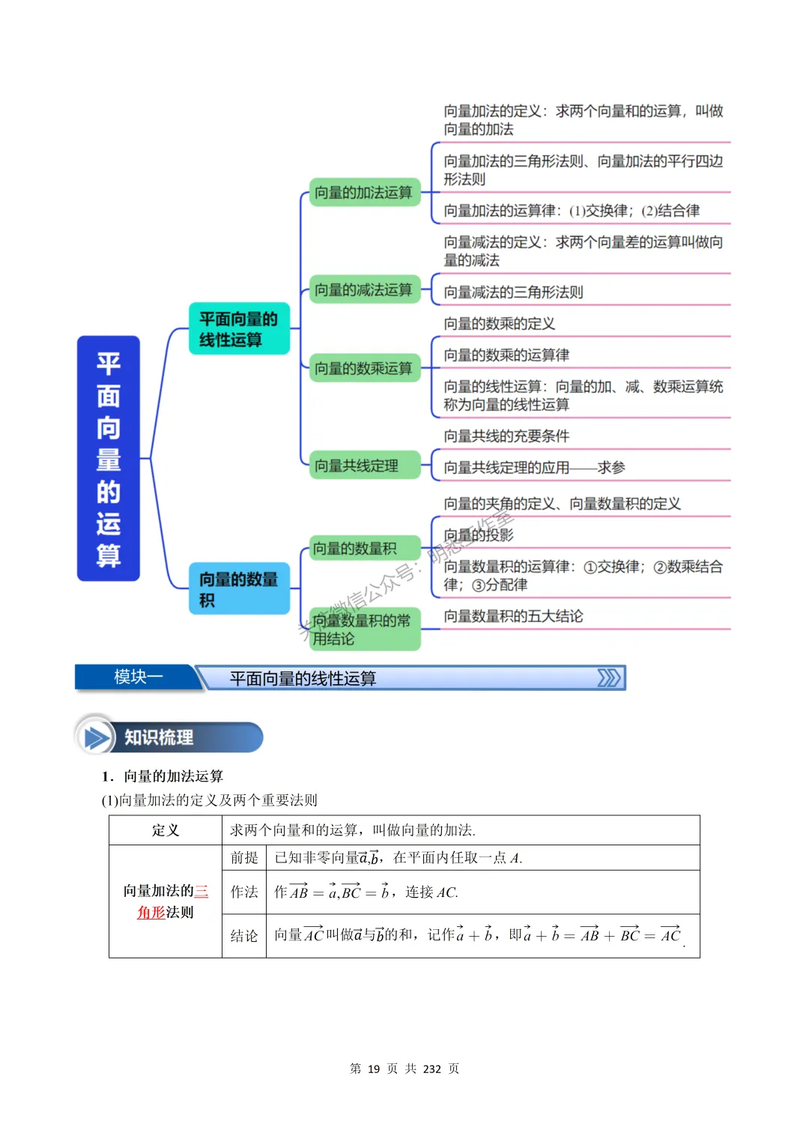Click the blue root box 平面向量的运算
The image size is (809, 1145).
[x=109, y=458]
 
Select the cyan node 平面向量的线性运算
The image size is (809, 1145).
[x=239, y=329]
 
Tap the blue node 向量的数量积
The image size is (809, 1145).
[x=239, y=589]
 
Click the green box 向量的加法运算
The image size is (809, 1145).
[x=364, y=193]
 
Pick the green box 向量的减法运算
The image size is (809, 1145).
[x=364, y=290]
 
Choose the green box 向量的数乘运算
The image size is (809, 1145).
[x=364, y=368]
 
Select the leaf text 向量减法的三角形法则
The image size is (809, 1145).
[x=513, y=292]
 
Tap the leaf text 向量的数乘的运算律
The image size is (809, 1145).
[x=506, y=355]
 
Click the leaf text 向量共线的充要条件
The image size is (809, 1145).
[x=506, y=436]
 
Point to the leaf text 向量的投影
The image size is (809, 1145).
[x=479, y=535]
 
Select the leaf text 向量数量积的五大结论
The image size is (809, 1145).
[x=513, y=616]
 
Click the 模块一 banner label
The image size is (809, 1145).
[x=138, y=677]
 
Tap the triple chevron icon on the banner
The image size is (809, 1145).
[x=608, y=678]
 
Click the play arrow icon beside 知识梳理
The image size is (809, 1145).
[x=96, y=738]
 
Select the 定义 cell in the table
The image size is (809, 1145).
[x=166, y=830]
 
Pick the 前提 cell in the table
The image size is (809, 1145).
[x=244, y=858]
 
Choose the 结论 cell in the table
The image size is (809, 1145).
[x=244, y=936]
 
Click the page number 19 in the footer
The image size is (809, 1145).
[x=374, y=1069]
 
